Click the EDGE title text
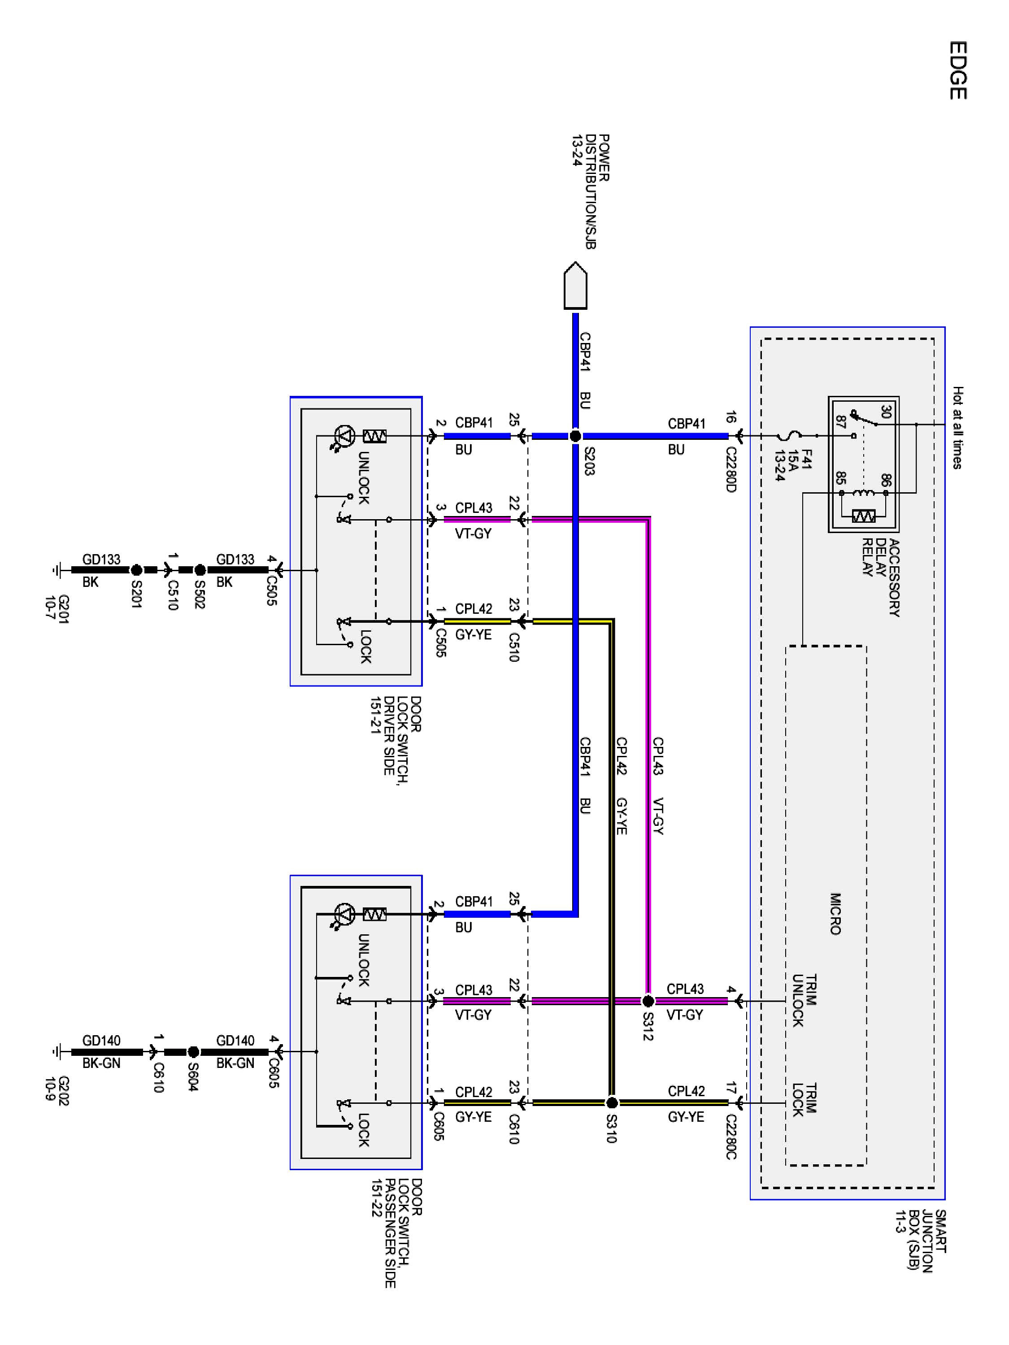pos(957,70)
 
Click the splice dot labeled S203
pos(575,436)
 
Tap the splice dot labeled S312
pos(648,1001)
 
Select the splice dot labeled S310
pos(612,1103)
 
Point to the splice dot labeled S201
pos(136,570)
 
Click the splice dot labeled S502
pos(200,570)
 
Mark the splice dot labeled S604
pos(193,1052)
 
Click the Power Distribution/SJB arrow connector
pos(575,286)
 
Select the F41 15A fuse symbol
pos(789,436)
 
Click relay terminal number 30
pos(886,412)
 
